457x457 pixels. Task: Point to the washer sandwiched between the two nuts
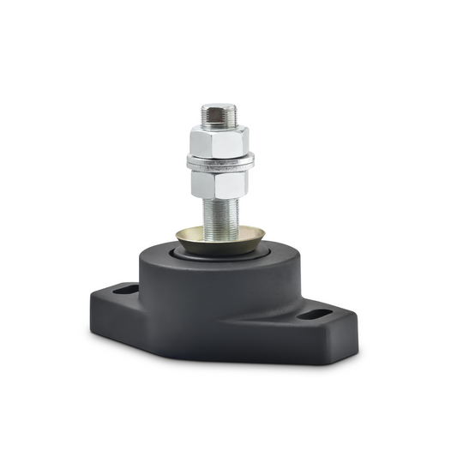tap(219, 160)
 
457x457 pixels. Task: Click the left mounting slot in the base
tap(125, 290)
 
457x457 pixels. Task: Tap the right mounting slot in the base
tap(313, 316)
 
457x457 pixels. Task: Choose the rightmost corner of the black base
tap(356, 325)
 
